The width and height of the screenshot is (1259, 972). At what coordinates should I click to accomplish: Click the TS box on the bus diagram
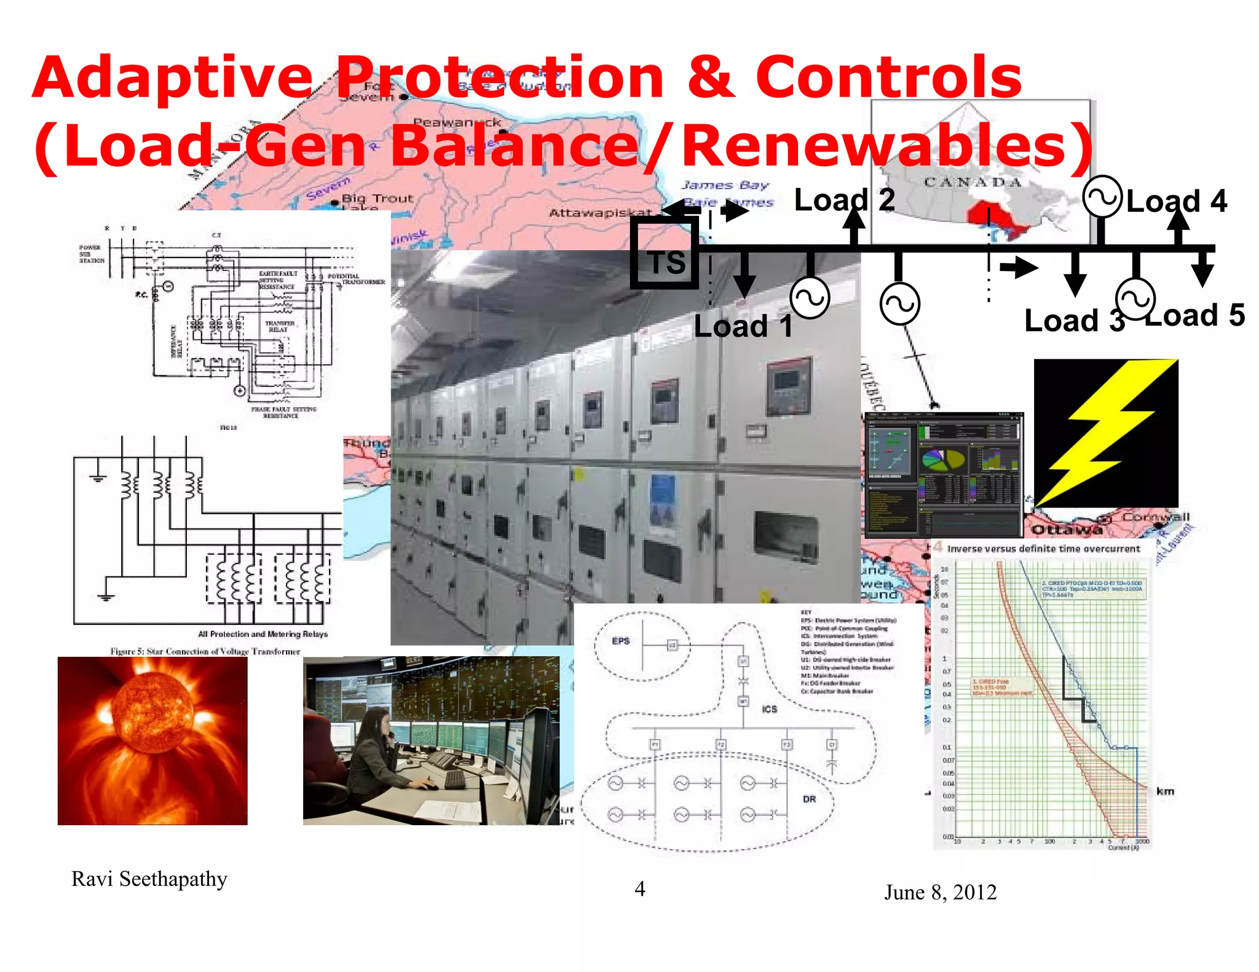665,254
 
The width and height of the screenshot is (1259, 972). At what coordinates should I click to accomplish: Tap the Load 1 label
743,326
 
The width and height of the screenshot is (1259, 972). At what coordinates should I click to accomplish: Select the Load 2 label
843,200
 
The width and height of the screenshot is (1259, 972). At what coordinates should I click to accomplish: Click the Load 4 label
1176,202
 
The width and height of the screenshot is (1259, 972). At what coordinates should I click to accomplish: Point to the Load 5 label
1194,315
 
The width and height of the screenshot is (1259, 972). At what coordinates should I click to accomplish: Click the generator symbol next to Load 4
1102,197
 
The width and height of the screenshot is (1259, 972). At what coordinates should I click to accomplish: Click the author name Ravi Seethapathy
149,879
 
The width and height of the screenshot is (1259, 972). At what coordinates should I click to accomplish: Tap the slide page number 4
639,889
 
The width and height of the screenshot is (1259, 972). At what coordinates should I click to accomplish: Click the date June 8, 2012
940,892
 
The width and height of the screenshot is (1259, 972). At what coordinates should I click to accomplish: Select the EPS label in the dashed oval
620,641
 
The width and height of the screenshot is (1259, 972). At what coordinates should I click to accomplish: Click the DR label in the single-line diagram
809,799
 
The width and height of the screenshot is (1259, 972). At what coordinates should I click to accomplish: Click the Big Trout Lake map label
376,200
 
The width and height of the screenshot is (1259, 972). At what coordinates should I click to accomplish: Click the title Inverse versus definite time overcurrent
1043,549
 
